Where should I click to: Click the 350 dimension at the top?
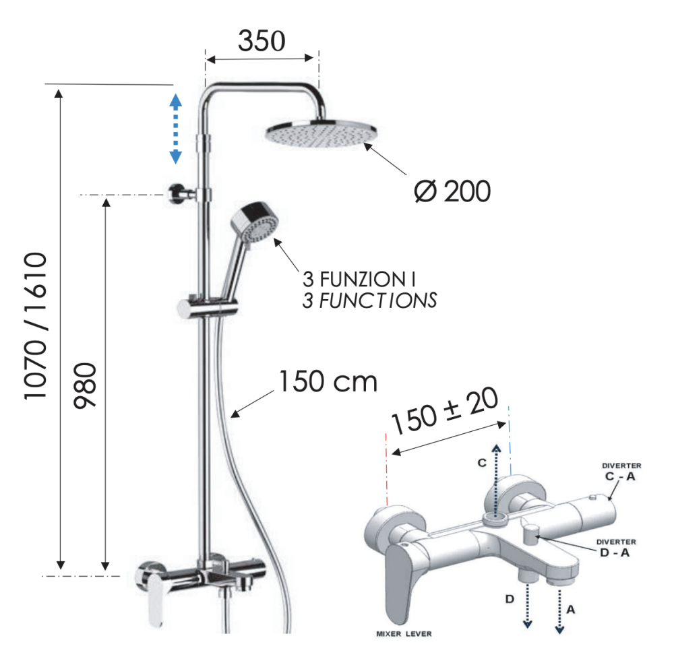point(262,41)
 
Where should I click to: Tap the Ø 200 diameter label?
point(452,191)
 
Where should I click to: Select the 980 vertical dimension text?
point(85,385)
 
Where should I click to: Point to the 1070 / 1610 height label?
point(35,326)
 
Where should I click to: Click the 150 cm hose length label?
point(328,381)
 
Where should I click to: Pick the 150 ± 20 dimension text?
point(445,410)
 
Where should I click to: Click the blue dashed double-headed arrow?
point(175,129)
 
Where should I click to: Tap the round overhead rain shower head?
point(321,133)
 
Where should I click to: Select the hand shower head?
point(255,222)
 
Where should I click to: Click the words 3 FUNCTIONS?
point(369,300)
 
